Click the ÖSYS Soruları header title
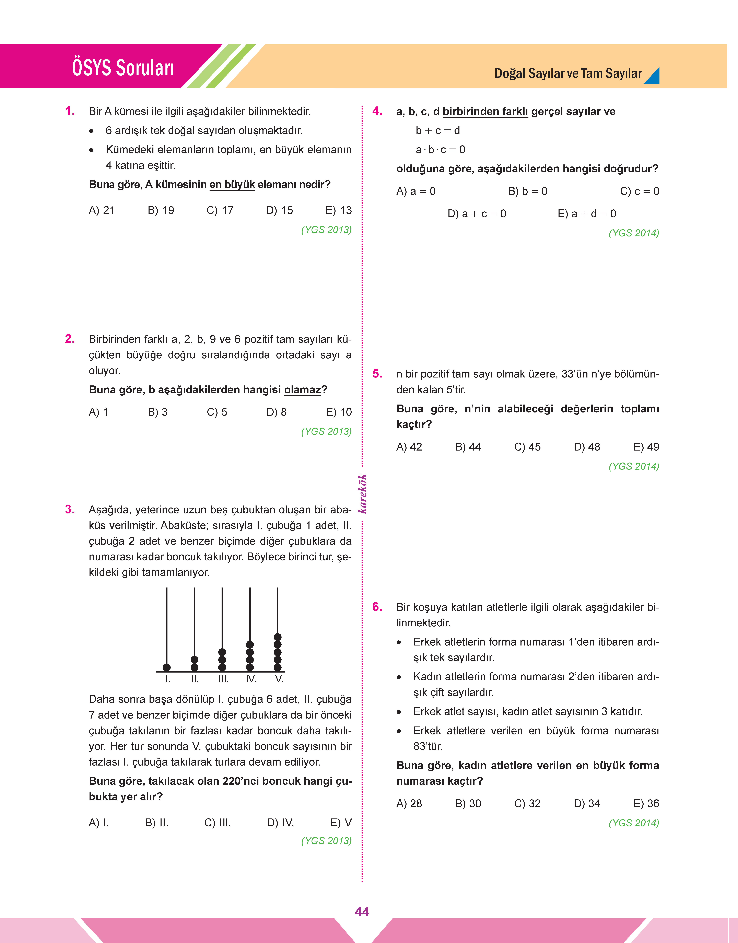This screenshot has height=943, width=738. [x=123, y=68]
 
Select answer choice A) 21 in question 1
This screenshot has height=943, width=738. [x=102, y=210]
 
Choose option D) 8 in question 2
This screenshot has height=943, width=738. [x=277, y=412]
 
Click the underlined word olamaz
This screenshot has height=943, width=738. [x=302, y=390]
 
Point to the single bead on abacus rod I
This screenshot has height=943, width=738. [x=167, y=667]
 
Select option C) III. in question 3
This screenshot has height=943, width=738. [x=218, y=823]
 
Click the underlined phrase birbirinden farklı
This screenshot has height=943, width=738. [x=485, y=112]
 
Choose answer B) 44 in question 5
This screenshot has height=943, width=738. [x=468, y=447]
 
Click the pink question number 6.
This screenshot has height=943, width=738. [x=377, y=607]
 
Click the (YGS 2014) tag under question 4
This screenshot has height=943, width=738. [x=633, y=233]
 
